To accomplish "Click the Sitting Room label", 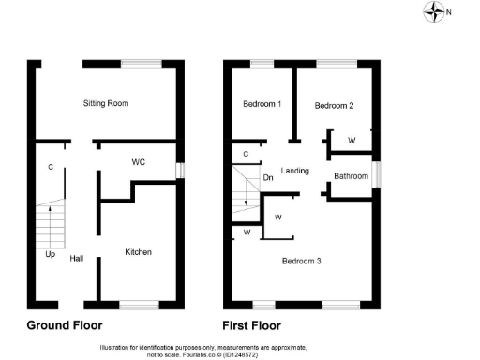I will (105, 102).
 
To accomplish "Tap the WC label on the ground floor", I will (138, 161).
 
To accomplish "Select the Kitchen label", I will (138, 252).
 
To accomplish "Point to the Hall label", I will (77, 259).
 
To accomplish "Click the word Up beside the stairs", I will (50, 253).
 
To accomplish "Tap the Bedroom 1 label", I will (262, 103).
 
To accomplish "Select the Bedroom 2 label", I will (334, 106).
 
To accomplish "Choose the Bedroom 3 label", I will (302, 261).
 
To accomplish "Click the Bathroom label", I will (351, 176).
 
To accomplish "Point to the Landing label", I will (295, 171).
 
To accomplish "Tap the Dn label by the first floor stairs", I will (268, 176).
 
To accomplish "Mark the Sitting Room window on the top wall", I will (141, 64).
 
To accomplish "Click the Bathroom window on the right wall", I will (377, 174).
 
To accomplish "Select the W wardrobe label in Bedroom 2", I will (351, 141).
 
